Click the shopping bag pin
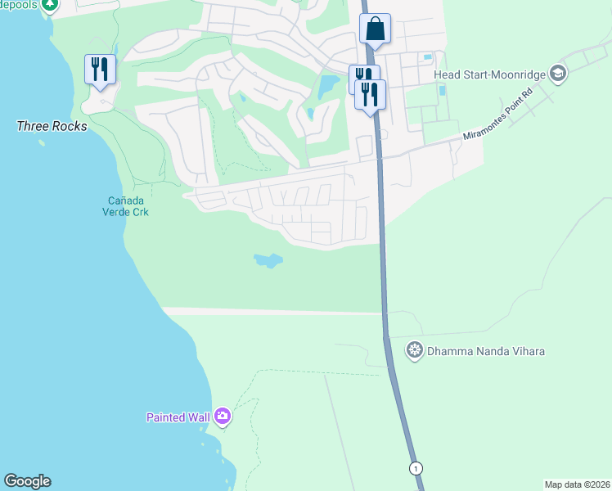point(375,29)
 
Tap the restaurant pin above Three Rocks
point(100,69)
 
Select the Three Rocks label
point(52,127)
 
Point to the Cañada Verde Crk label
point(128,205)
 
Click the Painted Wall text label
point(178,417)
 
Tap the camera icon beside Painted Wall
point(223,417)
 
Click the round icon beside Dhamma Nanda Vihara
point(415,352)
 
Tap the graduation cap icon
point(558,74)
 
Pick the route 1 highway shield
point(417,468)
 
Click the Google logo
point(27,481)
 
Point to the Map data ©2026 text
point(577,484)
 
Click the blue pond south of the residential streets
point(268,261)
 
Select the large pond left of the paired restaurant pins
point(329,84)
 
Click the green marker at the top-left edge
point(50,5)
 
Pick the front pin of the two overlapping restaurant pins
point(371,94)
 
